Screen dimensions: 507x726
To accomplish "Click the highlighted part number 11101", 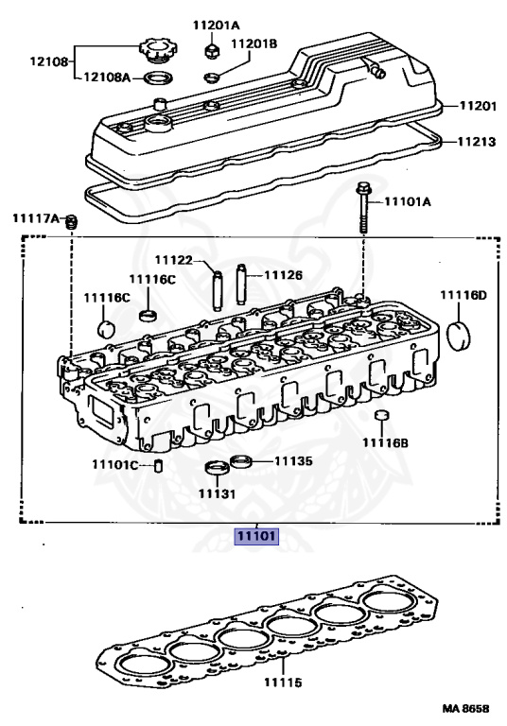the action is click(x=256, y=536).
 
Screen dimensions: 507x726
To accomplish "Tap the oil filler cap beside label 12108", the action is click(x=158, y=50).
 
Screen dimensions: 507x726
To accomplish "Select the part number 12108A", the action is click(x=107, y=77).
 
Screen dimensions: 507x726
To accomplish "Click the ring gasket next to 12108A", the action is click(x=158, y=78).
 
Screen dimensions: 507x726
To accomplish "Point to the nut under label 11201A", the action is click(x=211, y=50).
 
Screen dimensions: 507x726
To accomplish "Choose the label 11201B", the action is click(x=253, y=44).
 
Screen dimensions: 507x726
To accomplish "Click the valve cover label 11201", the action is click(x=478, y=106).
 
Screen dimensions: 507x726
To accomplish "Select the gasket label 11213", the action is click(x=477, y=142).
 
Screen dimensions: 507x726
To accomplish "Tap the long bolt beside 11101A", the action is click(x=362, y=208).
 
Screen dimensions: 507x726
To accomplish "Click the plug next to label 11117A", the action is click(x=70, y=222).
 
